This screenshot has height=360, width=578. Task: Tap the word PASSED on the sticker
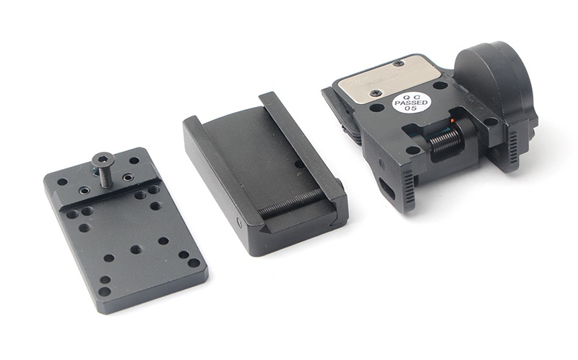pyautogui.click(x=411, y=103)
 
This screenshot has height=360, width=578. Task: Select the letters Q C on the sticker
pyautogui.click(x=411, y=96)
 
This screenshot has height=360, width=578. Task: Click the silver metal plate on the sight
pyautogui.click(x=389, y=79)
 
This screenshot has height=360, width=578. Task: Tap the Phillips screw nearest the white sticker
pyautogui.click(x=376, y=93)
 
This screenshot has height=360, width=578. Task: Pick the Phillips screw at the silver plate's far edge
pyautogui.click(x=399, y=63)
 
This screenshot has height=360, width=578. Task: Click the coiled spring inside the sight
pyautogui.click(x=445, y=140)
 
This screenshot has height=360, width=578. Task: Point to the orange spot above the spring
pyautogui.click(x=452, y=121)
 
